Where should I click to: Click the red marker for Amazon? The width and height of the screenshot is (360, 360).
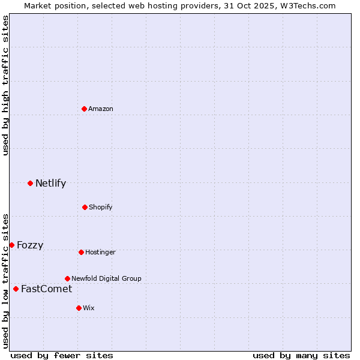pyautogui.click(x=85, y=109)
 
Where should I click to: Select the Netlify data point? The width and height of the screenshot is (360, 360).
pyautogui.click(x=30, y=183)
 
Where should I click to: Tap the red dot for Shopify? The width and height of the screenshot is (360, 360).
pyautogui.click(x=85, y=207)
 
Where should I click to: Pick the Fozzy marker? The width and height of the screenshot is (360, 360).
pyautogui.click(x=11, y=245)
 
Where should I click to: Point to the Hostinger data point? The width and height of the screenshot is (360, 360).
pyautogui.click(x=81, y=252)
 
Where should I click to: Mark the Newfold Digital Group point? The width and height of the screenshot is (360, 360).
pyautogui.click(x=67, y=278)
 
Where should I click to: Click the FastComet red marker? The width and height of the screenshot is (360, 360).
pyautogui.click(x=16, y=289)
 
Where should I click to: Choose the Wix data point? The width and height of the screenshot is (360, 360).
pyautogui.click(x=79, y=308)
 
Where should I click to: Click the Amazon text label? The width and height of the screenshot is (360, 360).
pyautogui.click(x=101, y=109)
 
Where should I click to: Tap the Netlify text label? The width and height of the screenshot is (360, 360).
pyautogui.click(x=50, y=183)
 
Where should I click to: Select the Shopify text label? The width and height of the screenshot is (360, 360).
pyautogui.click(x=101, y=207)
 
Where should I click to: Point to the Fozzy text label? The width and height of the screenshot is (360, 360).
pyautogui.click(x=30, y=245)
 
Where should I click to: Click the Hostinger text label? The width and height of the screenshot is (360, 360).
pyautogui.click(x=100, y=252)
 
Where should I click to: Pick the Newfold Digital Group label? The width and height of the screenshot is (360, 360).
pyautogui.click(x=106, y=278)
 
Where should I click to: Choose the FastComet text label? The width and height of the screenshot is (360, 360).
pyautogui.click(x=46, y=289)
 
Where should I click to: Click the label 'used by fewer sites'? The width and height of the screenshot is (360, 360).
pyautogui.click(x=62, y=355)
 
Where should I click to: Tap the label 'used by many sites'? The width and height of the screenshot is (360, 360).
pyautogui.click(x=301, y=355)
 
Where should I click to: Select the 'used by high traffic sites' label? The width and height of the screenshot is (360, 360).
pyautogui.click(x=5, y=85)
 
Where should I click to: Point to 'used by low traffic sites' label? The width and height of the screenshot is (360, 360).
pyautogui.click(x=5, y=280)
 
